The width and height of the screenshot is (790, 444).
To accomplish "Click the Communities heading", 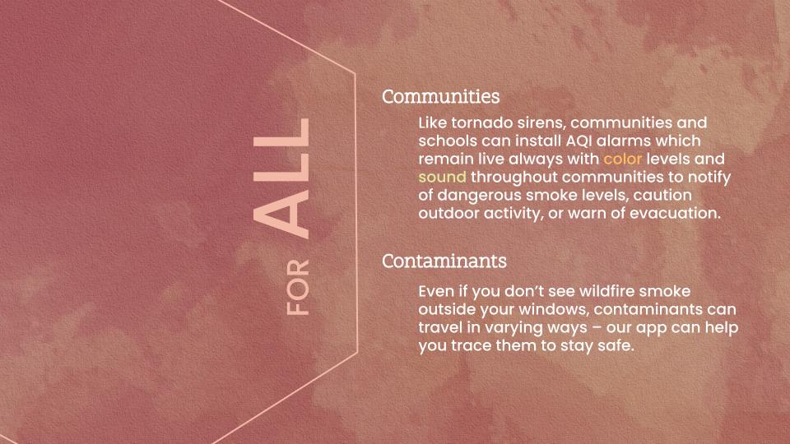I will pos(440,97).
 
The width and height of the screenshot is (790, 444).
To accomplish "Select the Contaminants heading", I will pos(444,261).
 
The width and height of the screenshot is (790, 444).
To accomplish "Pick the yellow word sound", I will pos(442,177).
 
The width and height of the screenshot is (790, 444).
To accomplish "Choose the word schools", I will pos(448,140).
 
